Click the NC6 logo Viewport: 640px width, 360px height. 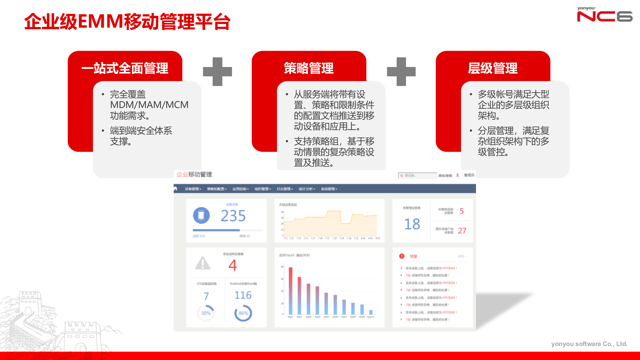point(604,15)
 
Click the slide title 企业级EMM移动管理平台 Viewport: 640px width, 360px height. point(127,22)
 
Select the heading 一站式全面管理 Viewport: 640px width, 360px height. point(125,68)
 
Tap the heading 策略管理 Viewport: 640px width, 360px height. point(309,68)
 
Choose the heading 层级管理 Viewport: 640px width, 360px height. point(493,68)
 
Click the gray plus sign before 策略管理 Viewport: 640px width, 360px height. point(217,72)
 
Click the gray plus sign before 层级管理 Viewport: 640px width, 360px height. point(401,72)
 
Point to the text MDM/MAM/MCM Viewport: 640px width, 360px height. point(149,105)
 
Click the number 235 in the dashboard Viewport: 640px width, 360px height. point(233,216)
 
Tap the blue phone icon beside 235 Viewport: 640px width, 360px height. point(201,215)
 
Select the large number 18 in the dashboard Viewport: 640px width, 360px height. point(412,224)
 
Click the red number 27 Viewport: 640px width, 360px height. point(462,231)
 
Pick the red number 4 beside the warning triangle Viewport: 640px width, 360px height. point(233,265)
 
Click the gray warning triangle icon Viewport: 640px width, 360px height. point(203,263)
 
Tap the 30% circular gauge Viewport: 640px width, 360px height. point(206,313)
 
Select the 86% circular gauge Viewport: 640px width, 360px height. point(243,313)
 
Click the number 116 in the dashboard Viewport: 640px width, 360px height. point(243,295)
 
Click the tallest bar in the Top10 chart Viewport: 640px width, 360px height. point(290,291)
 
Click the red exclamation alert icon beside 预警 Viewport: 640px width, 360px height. point(402,256)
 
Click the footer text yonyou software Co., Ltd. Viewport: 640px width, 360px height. point(589,344)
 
